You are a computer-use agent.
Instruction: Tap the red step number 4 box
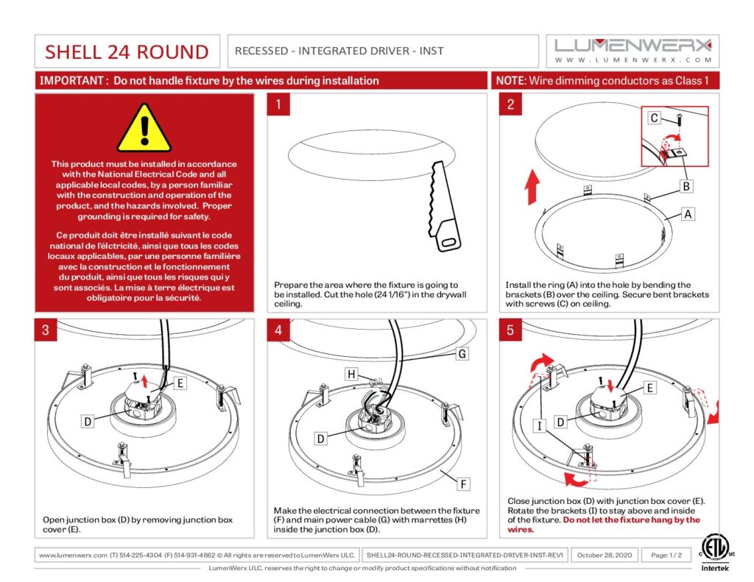[x=278, y=330]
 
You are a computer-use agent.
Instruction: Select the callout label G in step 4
[x=462, y=354]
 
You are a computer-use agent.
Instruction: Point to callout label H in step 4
[x=352, y=375]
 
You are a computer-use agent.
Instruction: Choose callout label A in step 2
[x=688, y=214]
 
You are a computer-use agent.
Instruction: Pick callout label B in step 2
[x=686, y=186]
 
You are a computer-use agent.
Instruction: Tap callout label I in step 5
[x=540, y=426]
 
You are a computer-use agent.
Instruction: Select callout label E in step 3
[x=180, y=383]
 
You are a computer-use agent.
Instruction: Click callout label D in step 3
[x=88, y=422]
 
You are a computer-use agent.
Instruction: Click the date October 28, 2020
[x=604, y=555]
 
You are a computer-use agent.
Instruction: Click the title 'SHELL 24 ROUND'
[x=127, y=52]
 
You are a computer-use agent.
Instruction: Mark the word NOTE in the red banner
[x=510, y=80]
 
